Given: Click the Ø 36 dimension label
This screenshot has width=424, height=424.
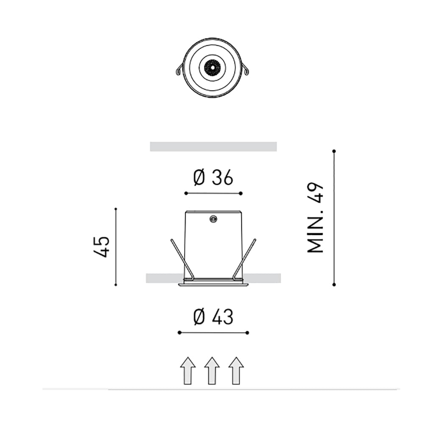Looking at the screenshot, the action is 213,178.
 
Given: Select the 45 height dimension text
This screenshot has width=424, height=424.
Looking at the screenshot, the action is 102,247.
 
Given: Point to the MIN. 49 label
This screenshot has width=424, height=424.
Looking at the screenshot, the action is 315,218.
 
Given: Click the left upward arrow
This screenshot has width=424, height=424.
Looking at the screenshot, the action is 188,371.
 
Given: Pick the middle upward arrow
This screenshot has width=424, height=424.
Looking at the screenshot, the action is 212,371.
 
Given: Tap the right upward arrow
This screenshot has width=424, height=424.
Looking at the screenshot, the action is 236,371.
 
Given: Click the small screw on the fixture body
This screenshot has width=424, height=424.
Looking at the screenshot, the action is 213,218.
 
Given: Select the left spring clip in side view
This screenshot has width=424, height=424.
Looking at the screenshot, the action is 181,259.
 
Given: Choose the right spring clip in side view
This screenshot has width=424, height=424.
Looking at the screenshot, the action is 245,259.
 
